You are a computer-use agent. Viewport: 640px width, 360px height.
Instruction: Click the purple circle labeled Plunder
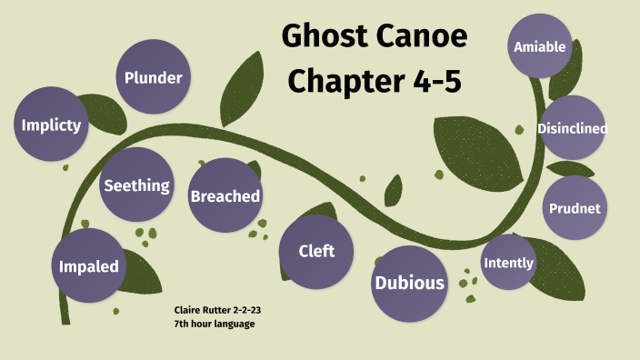154,77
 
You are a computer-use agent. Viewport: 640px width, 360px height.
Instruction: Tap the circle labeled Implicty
52,125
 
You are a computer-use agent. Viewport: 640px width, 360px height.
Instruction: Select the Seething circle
136,185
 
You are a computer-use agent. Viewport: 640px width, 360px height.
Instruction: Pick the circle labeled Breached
225,195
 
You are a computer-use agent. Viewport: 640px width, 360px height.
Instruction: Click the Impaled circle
89,266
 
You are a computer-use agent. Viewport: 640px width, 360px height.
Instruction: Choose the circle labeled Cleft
316,251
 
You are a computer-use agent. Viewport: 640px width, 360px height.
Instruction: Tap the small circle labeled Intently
508,263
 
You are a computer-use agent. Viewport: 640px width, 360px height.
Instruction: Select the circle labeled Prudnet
575,208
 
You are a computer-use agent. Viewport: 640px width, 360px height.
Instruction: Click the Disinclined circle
572,128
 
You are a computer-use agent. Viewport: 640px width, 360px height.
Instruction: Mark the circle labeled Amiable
540,46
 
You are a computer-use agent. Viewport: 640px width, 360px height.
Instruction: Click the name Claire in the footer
186,311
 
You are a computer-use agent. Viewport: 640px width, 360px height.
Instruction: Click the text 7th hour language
215,324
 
